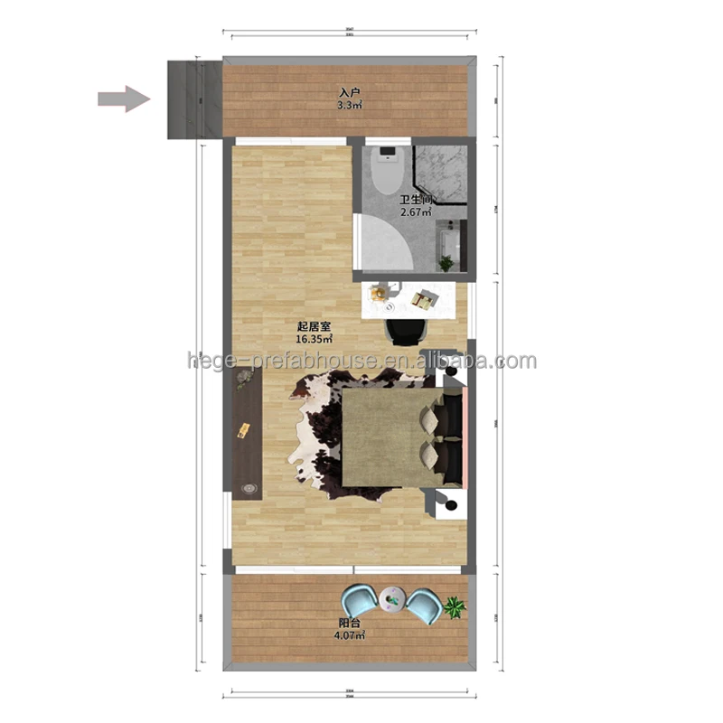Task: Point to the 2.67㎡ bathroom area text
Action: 417,213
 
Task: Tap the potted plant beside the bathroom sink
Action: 446,263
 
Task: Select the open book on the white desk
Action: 421,299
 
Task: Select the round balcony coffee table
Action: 392,596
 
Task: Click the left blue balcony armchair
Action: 361,600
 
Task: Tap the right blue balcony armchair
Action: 423,603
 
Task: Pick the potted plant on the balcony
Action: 455,606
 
